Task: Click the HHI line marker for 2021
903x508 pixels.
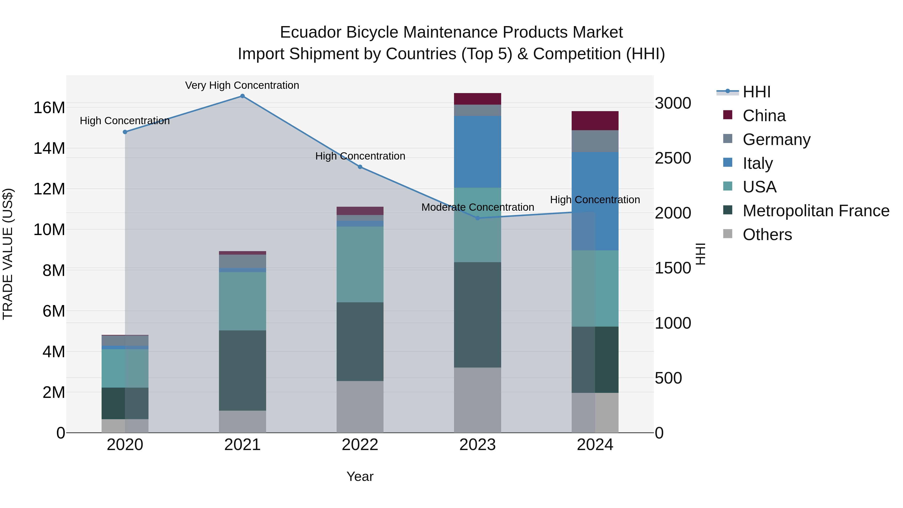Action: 242,96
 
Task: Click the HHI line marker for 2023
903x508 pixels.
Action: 477,218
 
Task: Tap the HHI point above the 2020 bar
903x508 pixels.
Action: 125,132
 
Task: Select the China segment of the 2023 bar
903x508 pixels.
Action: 477,99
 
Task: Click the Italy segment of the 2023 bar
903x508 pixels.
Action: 477,152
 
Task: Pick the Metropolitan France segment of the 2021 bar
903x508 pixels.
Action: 242,370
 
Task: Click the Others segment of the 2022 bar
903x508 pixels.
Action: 360,407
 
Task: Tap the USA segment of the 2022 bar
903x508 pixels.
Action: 360,264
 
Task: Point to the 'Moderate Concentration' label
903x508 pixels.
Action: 477,207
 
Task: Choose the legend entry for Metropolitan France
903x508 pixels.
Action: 816,211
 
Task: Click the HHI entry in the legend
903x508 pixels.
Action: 757,92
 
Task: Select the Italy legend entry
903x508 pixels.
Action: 757,163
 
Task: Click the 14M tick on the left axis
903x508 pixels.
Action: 49,148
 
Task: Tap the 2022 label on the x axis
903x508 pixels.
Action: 360,445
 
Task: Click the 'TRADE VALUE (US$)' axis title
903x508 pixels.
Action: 8,254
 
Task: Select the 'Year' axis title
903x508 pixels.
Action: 360,476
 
